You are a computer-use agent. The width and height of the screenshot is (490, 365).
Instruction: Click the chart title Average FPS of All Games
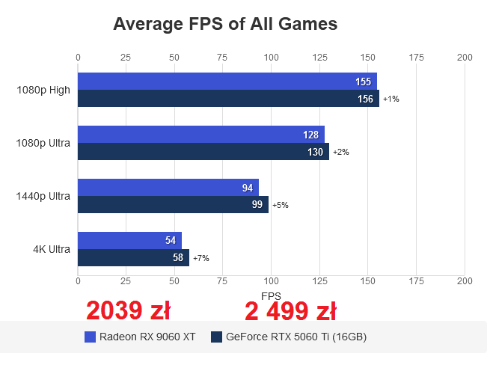(225, 24)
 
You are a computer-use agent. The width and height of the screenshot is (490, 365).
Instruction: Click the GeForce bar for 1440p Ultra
(172, 205)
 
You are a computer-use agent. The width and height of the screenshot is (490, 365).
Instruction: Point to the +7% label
(201, 258)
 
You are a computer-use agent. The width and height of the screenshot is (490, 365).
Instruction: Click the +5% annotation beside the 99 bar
(281, 205)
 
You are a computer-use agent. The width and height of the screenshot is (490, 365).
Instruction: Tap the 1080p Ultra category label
(43, 143)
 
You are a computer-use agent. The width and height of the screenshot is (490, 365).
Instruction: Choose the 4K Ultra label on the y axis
(52, 249)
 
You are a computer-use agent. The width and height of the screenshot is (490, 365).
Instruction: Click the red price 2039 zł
(128, 310)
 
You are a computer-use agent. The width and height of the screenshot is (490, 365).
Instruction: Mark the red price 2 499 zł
(290, 310)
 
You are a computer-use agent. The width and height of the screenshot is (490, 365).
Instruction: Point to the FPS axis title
(271, 295)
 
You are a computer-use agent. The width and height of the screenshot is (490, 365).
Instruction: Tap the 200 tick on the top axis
(465, 58)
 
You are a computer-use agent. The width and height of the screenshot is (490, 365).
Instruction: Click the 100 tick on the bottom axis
(271, 280)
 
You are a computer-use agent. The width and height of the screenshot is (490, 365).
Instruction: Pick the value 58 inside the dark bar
(177, 258)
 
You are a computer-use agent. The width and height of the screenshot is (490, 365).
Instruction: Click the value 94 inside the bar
(248, 188)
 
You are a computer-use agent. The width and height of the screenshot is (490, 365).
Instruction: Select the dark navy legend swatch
(217, 337)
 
